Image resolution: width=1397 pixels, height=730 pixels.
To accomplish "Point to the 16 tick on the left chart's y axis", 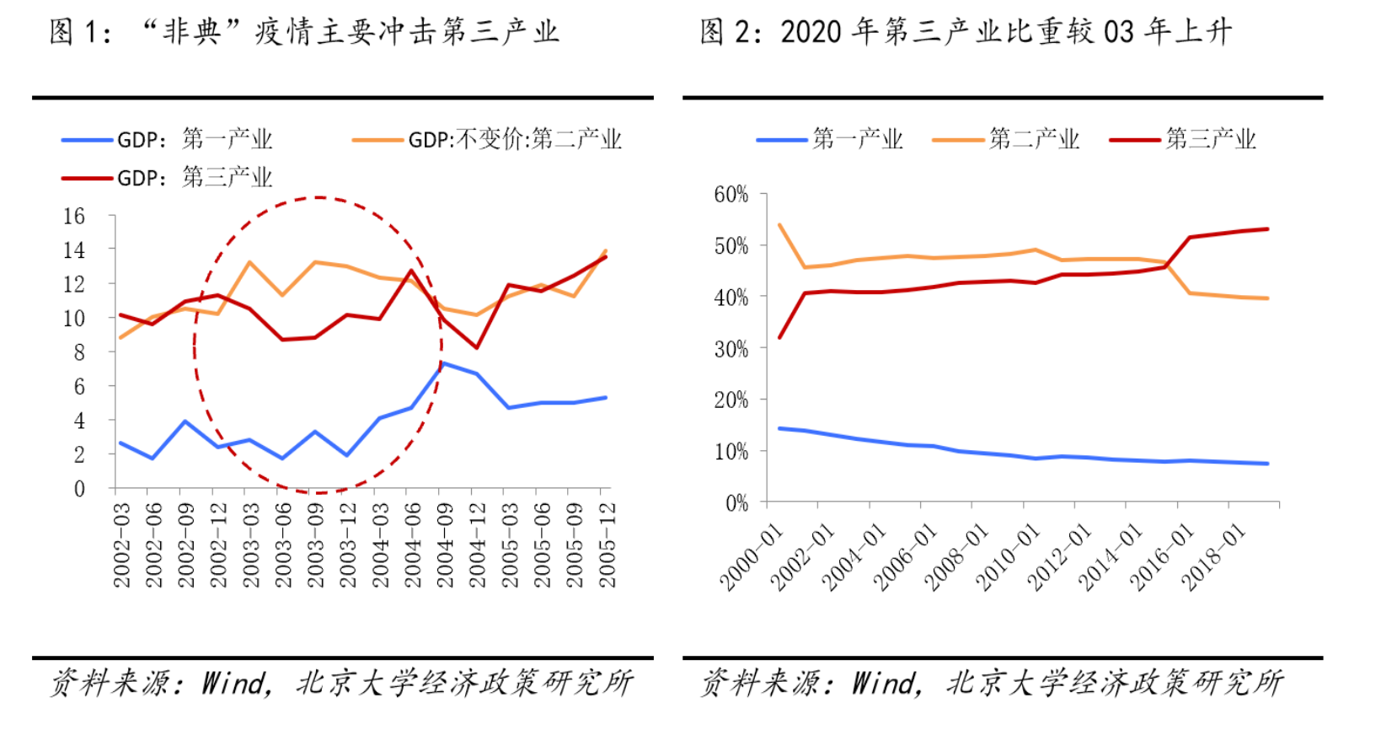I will [x=74, y=217].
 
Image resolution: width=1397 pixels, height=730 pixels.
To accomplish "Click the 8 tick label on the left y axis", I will [x=79, y=352].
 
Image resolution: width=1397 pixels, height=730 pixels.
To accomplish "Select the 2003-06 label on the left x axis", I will [x=283, y=545].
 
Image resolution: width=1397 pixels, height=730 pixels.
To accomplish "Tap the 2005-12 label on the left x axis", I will [x=607, y=545].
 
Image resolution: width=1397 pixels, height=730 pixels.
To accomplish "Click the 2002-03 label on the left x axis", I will [x=122, y=545].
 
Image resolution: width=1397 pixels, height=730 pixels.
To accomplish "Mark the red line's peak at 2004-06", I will [x=410, y=271].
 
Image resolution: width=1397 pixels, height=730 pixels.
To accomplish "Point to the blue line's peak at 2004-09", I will [x=444, y=363].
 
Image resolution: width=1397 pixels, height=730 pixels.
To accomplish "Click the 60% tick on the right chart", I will [x=731, y=195].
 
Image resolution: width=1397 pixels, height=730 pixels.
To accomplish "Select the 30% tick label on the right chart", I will [x=731, y=349].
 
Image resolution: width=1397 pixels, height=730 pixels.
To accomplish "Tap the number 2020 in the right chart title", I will [x=811, y=33].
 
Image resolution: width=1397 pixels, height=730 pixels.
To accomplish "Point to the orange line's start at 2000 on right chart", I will [x=779, y=225].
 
